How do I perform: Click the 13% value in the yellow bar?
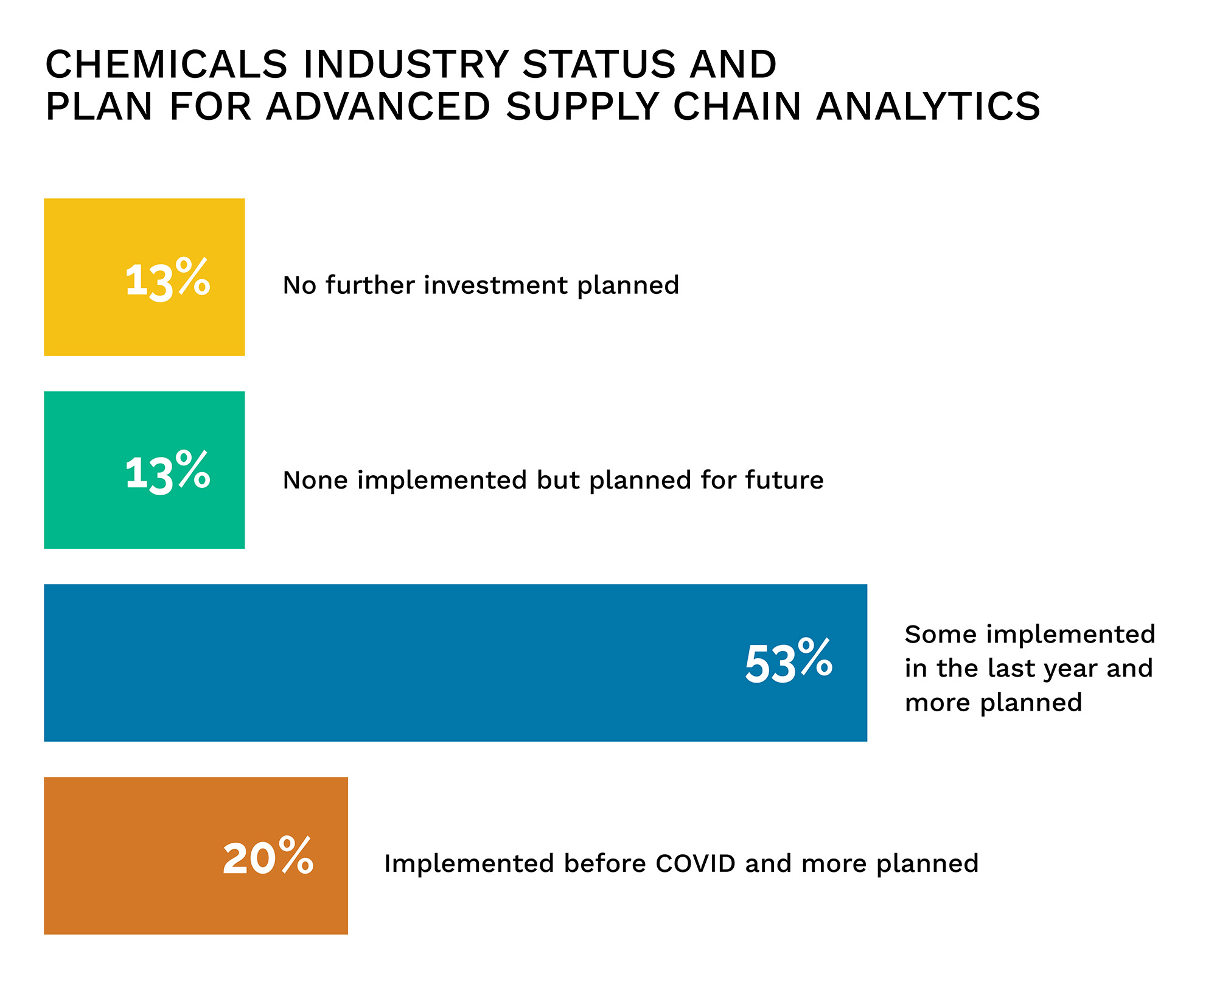[167, 279]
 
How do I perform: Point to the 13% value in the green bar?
[167, 472]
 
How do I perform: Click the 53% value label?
[789, 663]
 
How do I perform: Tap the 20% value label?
[268, 857]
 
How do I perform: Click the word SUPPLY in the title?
[582, 106]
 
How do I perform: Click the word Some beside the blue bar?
[941, 635]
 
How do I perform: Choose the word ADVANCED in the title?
[378, 106]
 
